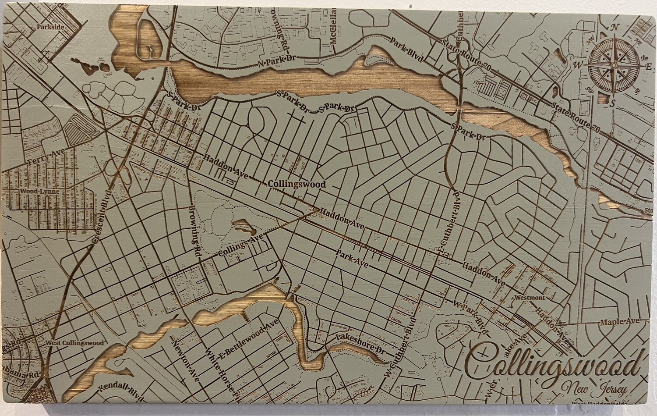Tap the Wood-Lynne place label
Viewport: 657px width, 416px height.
33,192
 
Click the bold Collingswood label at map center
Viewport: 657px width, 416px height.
297,185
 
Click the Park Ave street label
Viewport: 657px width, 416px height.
352,259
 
